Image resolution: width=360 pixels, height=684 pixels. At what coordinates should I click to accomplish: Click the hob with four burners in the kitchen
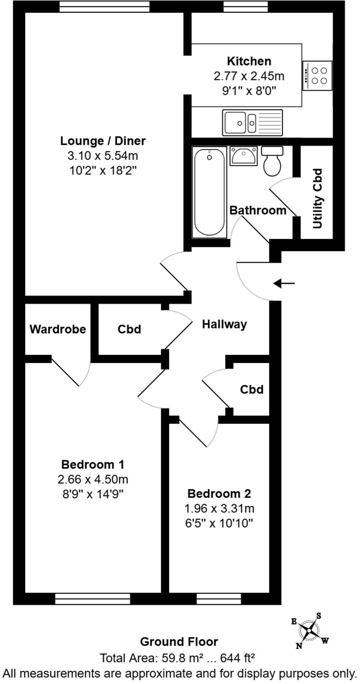tap(318, 75)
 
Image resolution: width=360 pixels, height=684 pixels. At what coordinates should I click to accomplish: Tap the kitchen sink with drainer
tap(252, 123)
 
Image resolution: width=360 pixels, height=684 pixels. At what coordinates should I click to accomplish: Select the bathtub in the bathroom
tap(209, 192)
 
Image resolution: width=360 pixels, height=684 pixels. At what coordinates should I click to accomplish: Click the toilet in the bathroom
tap(272, 161)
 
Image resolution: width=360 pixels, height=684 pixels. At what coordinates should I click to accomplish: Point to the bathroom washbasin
tap(243, 156)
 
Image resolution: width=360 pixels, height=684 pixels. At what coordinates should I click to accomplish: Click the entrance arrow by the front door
tap(284, 284)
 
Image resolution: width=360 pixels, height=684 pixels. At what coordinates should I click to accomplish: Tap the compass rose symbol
tap(310, 631)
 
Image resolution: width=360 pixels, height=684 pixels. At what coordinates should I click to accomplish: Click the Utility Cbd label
tap(318, 199)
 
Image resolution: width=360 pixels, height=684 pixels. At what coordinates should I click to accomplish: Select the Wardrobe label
tap(58, 329)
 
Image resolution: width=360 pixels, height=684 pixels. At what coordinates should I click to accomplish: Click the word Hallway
tap(224, 324)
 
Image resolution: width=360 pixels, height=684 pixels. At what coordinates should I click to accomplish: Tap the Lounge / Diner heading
tap(103, 141)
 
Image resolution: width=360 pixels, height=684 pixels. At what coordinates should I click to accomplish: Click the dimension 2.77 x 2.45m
tap(249, 76)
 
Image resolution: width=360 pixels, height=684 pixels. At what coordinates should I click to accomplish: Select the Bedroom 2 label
tap(219, 493)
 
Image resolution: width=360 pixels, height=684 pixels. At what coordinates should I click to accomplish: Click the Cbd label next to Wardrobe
tap(129, 329)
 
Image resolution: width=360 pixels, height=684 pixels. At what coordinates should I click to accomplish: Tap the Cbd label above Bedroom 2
tap(251, 389)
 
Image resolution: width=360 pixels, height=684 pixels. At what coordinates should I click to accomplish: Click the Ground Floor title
tap(179, 642)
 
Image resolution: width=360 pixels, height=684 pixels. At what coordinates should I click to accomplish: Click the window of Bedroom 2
tap(219, 598)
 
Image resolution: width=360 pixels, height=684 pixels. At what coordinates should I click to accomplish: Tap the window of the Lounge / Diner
tap(104, 6)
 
